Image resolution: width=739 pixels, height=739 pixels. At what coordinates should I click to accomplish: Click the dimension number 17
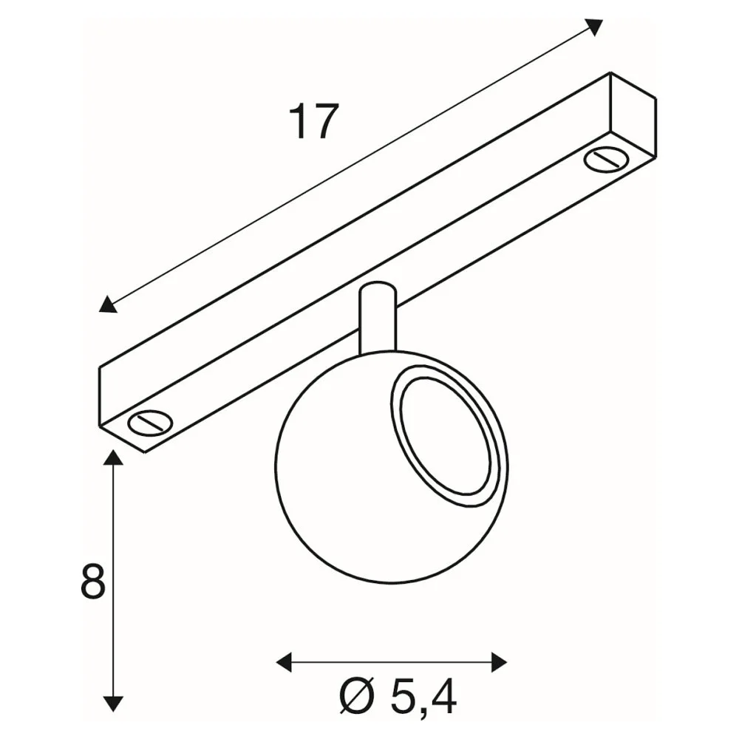pos(315,122)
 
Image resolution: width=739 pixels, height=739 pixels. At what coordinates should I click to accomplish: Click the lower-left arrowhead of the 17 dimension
pos(108,304)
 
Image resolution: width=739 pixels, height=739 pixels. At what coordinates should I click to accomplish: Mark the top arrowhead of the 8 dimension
pos(112,457)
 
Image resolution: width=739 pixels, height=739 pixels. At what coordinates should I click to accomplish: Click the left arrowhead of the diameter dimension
pos(285,661)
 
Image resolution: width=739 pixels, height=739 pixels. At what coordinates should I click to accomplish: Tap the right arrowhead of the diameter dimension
pos(499,661)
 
